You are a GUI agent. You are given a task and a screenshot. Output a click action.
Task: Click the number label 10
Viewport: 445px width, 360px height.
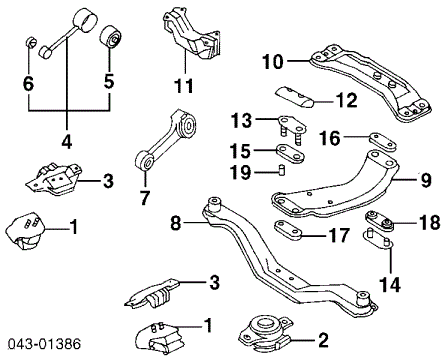tap(272, 62)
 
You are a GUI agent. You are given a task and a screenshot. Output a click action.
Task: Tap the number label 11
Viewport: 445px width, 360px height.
tap(181, 86)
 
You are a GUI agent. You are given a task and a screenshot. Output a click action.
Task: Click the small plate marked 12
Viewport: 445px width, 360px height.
tap(297, 95)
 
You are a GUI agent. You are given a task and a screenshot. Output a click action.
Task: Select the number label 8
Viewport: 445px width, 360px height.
tap(176, 224)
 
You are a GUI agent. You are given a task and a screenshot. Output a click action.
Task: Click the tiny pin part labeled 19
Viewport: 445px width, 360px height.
tap(282, 171)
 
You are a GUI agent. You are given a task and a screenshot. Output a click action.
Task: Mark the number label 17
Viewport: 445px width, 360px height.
tap(340, 237)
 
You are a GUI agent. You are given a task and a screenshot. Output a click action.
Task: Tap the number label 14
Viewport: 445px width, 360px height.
tap(388, 283)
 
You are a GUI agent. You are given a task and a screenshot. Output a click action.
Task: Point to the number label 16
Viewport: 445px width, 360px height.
tap(330, 137)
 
